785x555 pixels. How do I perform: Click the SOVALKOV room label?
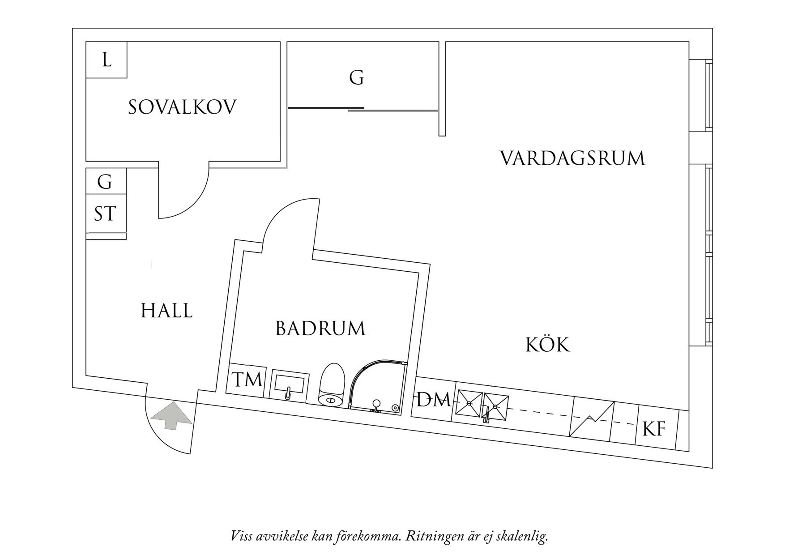tap(182, 107)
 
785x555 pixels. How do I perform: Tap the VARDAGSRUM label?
tap(572, 158)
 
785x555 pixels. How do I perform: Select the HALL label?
tap(166, 311)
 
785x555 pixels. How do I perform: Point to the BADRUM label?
tap(320, 329)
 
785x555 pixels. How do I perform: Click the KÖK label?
tap(547, 345)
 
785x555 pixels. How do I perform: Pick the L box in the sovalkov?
tap(107, 60)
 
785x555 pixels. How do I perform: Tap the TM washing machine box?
tap(247, 380)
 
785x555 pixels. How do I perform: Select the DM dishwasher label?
tap(433, 400)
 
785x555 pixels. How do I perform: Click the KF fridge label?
tap(654, 429)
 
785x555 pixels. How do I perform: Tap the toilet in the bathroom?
tap(332, 385)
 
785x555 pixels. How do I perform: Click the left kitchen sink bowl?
tap(469, 403)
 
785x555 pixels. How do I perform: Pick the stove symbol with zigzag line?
tap(591, 419)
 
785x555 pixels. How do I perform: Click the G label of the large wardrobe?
tap(356, 78)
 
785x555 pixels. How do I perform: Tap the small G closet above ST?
tap(105, 182)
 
